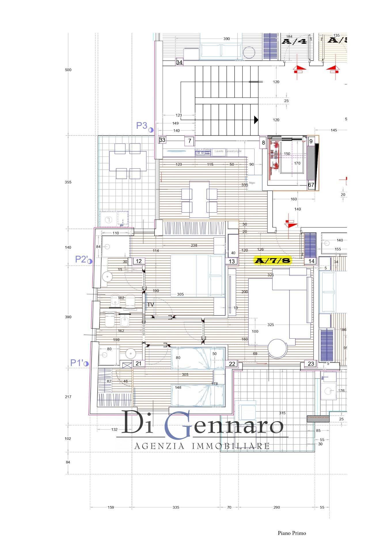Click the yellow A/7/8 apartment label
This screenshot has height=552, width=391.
click(x=272, y=260)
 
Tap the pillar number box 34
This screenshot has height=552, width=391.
click(x=179, y=62)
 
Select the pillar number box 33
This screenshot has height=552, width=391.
click(x=162, y=140)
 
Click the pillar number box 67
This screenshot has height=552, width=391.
click(x=311, y=185)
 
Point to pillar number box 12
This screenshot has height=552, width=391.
click(x=139, y=261)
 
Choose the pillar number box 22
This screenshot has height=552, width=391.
click(x=232, y=364)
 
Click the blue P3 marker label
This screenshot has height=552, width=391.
click(x=142, y=126)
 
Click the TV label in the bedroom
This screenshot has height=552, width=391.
click(x=151, y=305)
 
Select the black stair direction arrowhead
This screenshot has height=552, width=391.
click(x=256, y=120)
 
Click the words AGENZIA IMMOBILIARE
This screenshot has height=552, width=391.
click(x=202, y=446)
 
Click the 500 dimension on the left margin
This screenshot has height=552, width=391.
click(x=68, y=70)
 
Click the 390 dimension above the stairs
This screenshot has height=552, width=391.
click(x=227, y=39)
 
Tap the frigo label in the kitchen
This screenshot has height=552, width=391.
click(x=252, y=183)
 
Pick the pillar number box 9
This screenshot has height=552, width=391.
click(x=311, y=141)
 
